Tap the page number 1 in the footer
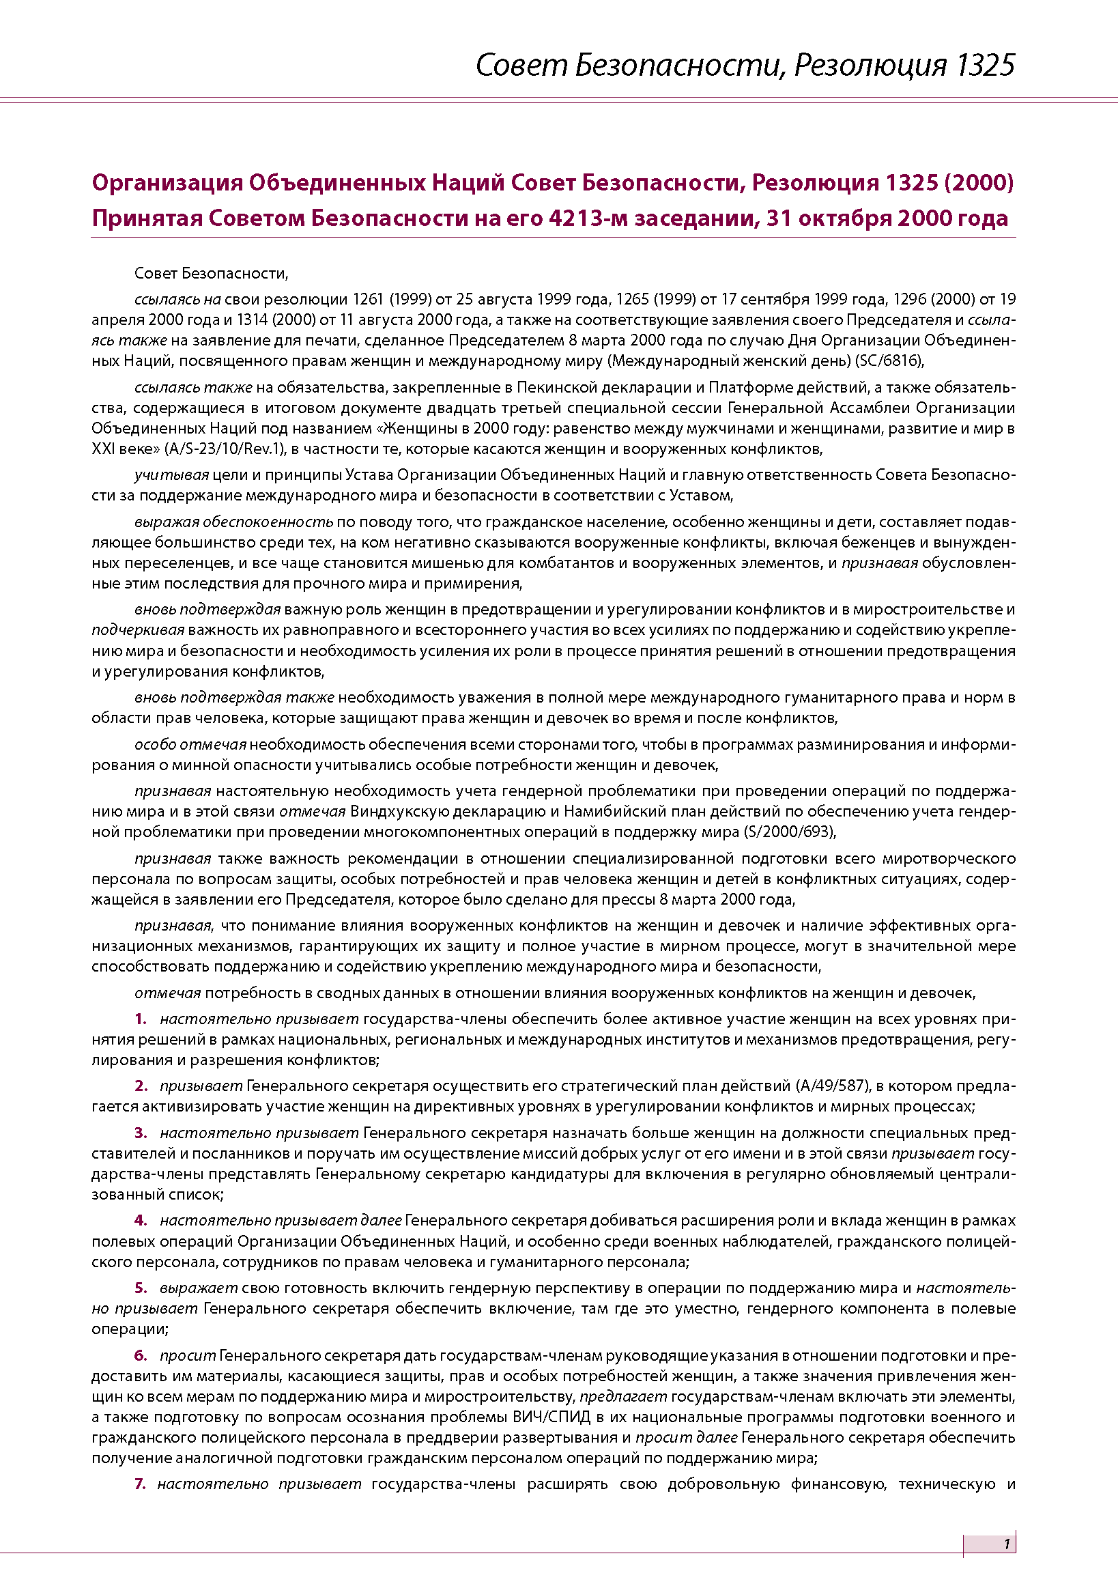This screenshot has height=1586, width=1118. [1007, 1543]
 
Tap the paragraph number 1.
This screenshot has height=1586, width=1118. [140, 1019]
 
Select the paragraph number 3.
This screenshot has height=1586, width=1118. [141, 1133]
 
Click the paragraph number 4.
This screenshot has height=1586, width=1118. [141, 1221]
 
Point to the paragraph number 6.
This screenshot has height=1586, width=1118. [141, 1355]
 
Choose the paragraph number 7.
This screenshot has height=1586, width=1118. [140, 1484]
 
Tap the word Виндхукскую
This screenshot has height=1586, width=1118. [394, 811]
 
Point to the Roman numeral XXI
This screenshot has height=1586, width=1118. [103, 449]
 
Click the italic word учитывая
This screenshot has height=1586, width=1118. [171, 475]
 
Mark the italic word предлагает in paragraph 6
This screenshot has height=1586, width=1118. [624, 1397]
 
